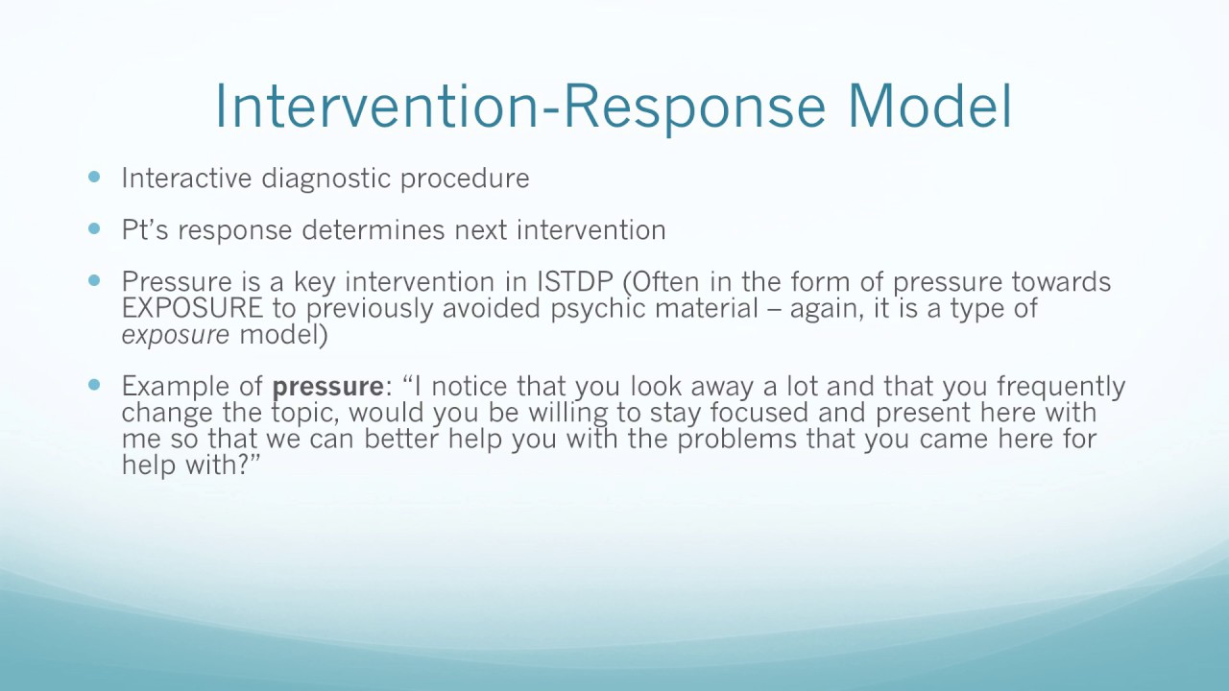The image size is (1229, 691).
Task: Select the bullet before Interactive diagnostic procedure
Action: [x=93, y=177]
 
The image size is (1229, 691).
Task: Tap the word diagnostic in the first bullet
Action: [x=326, y=179]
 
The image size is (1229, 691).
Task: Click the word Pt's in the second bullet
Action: [x=145, y=230]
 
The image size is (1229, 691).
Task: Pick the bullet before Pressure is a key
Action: [x=93, y=280]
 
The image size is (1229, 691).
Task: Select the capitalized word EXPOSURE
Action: [x=191, y=308]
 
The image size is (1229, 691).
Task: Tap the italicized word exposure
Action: [x=175, y=335]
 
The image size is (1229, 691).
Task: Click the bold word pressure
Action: [x=327, y=387]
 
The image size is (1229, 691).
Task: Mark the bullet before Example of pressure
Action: [x=93, y=384]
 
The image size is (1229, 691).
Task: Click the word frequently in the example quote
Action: [x=1060, y=387]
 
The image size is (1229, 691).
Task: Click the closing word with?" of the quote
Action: [x=230, y=465]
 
